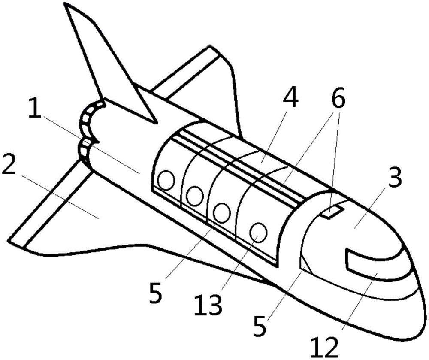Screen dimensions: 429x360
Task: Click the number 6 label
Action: pyautogui.click(x=338, y=97)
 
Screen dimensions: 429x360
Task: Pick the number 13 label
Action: pyautogui.click(x=207, y=305)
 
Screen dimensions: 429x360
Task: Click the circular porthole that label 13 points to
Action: pyautogui.click(x=259, y=232)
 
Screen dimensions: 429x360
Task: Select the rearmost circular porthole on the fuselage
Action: pyautogui.click(x=166, y=180)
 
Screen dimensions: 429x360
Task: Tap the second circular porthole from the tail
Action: pyautogui.click(x=194, y=196)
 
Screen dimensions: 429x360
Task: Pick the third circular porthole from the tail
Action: pyautogui.click(x=222, y=213)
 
